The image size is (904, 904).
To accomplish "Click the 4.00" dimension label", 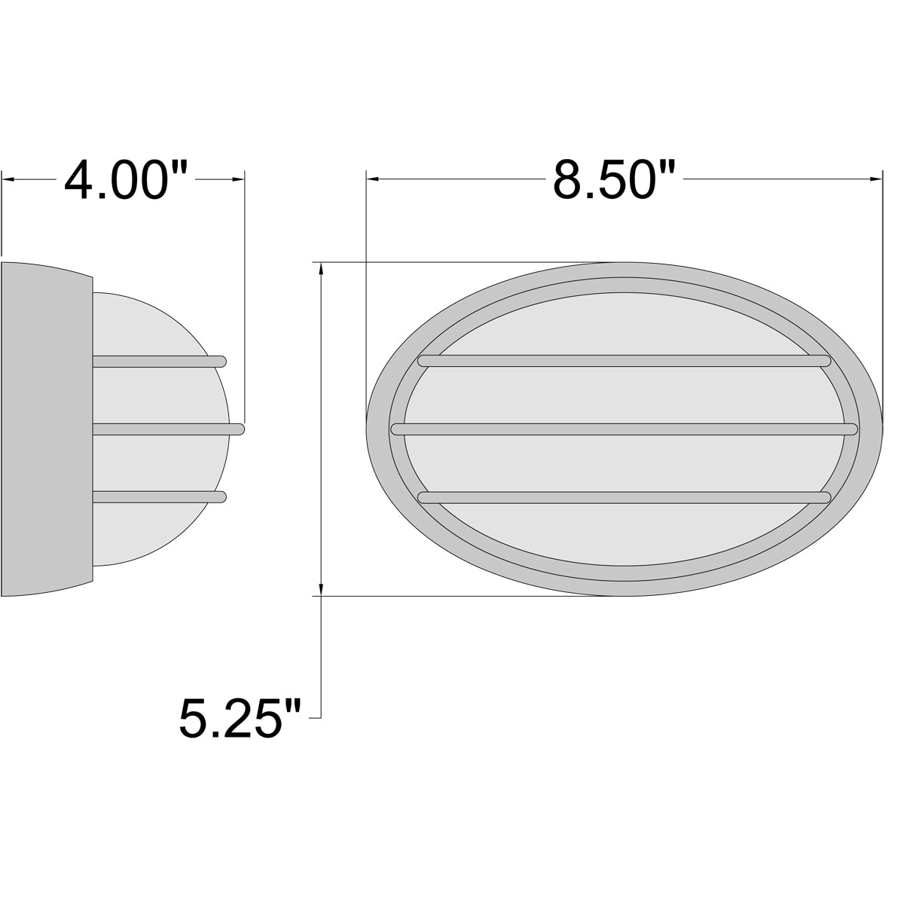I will (125, 181).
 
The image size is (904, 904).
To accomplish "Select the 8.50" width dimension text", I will (612, 181).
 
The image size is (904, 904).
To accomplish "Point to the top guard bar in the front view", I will (624, 361).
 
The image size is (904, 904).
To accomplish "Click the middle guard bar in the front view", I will (624, 429).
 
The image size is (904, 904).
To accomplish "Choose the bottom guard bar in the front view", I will (624, 497).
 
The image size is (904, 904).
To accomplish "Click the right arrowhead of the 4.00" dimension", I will (239, 180).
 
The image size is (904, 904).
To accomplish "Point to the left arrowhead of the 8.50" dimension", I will (372, 179).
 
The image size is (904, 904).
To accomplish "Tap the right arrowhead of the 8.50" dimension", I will (876, 179).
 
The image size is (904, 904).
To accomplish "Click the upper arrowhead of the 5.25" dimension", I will (322, 269).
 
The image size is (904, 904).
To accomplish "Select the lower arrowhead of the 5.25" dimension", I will (322, 589).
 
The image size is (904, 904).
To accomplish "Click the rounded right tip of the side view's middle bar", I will (240, 429).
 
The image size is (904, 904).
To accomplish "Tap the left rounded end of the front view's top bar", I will (423, 361).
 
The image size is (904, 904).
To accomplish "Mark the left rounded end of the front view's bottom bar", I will (423, 497).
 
